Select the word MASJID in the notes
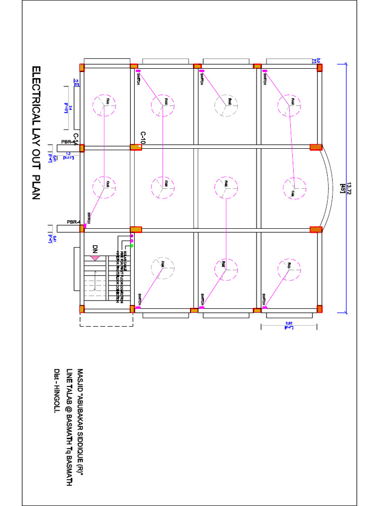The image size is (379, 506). click(x=80, y=380)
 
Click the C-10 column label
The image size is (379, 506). click(x=143, y=138)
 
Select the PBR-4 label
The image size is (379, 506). click(x=73, y=222)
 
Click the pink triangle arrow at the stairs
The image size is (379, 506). click(x=95, y=258)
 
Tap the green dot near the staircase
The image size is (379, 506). click(x=132, y=245)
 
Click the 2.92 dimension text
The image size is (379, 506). click(x=289, y=324)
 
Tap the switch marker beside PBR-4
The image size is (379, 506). click(x=85, y=226)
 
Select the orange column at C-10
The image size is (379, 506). click(x=136, y=147)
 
